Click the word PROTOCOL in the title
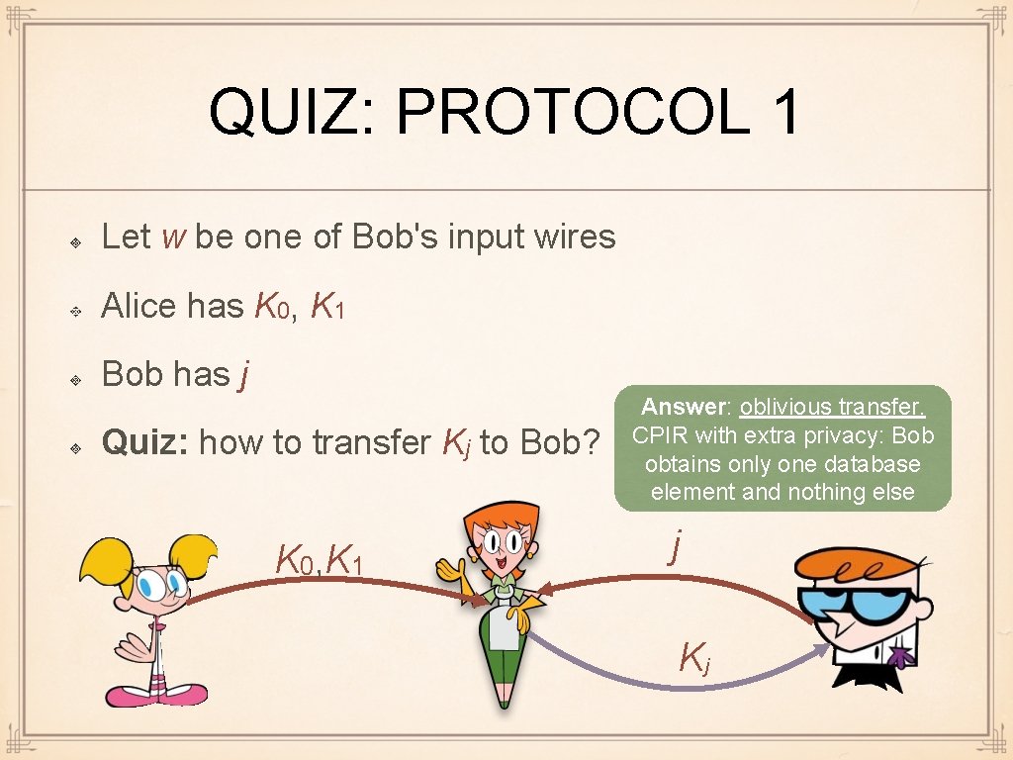pos(573,111)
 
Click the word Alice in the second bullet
pos(138,306)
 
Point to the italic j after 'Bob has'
pos(240,375)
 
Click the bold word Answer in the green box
pos(684,407)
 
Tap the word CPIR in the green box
pos(660,435)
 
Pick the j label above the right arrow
pos(675,545)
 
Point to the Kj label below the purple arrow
pos(692,655)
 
